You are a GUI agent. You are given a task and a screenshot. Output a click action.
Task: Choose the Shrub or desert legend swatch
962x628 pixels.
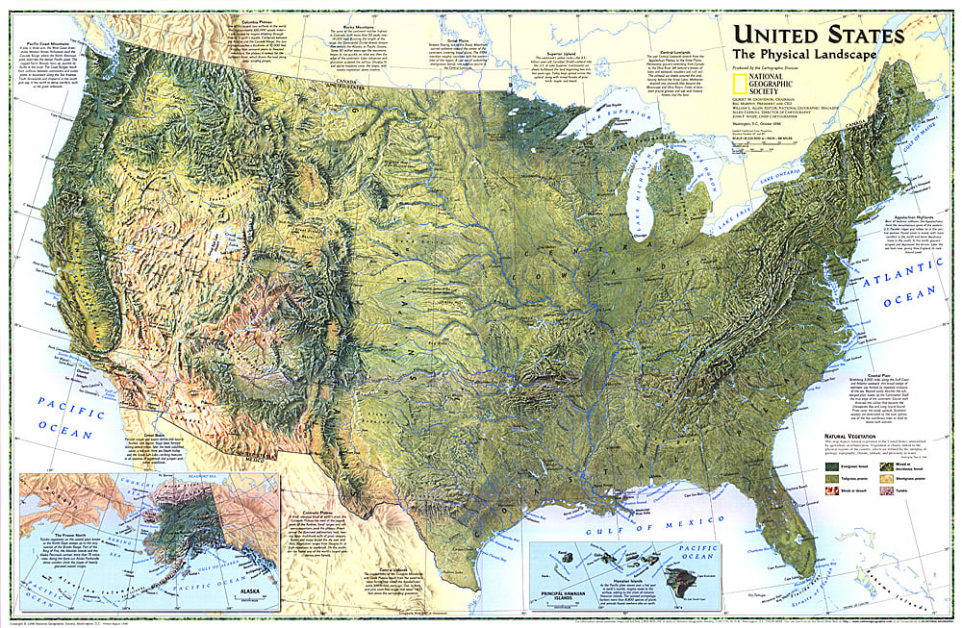tap(832, 490)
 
